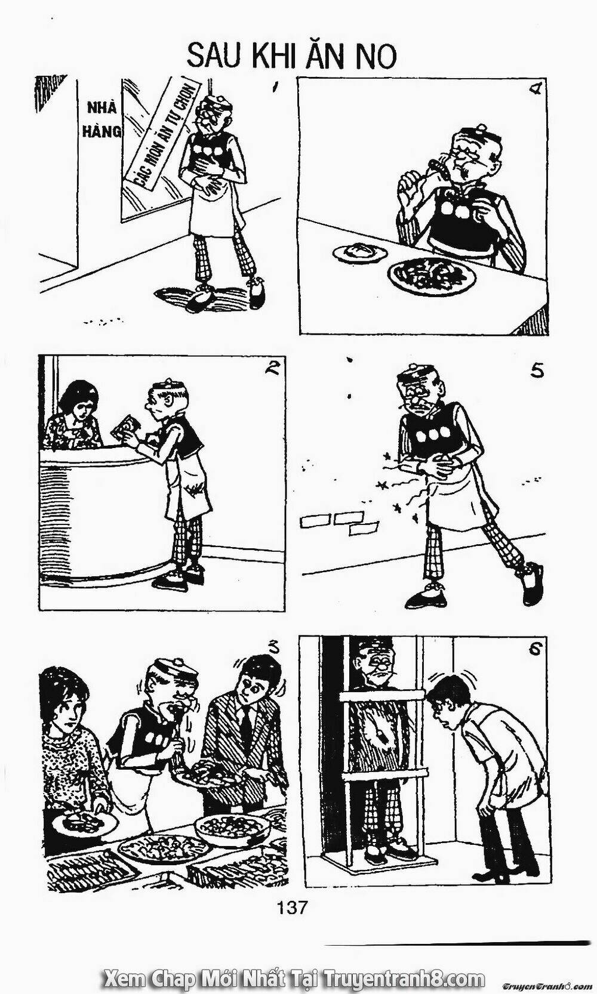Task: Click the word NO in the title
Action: [x=375, y=56]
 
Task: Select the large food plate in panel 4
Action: [x=431, y=273]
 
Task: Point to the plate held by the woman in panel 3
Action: [x=84, y=825]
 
